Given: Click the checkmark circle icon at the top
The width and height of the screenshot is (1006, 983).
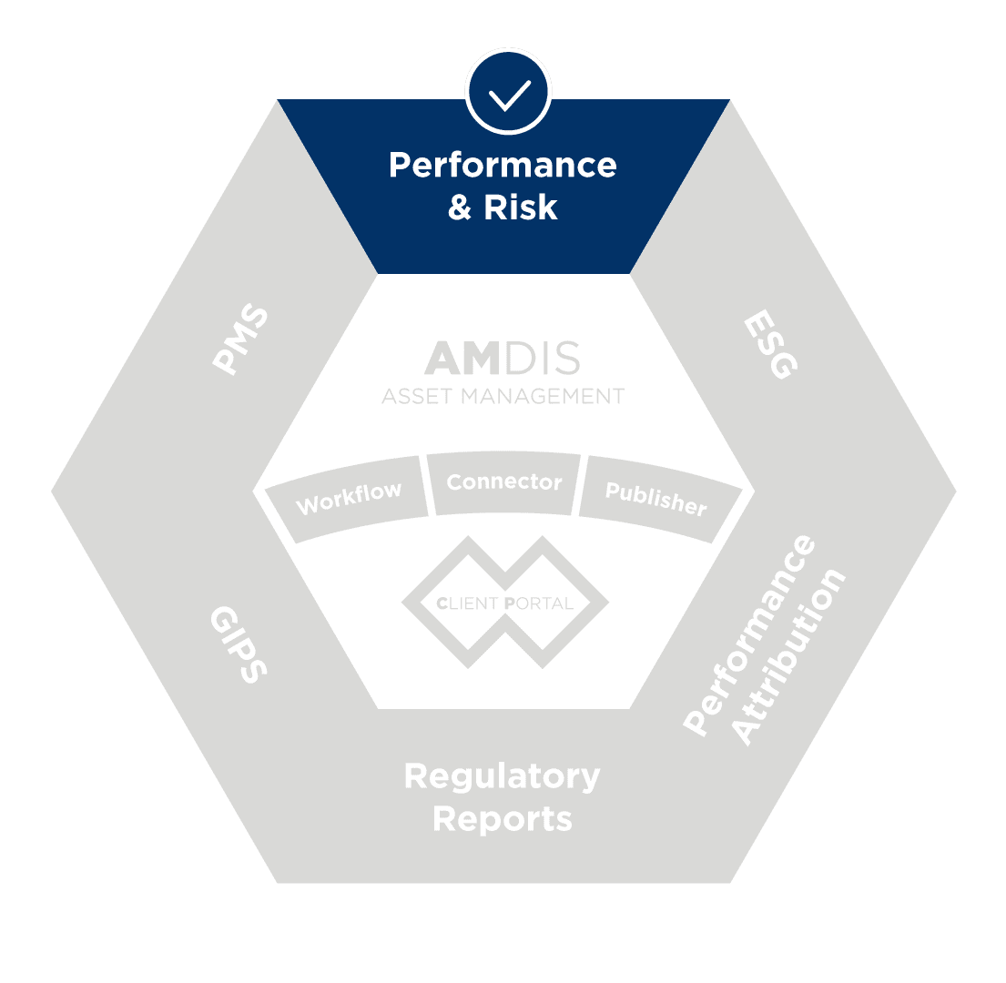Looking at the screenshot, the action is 508,92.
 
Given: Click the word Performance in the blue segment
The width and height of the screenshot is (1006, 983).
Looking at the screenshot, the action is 503,166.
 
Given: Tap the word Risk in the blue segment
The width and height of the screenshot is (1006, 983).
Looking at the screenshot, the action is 521,208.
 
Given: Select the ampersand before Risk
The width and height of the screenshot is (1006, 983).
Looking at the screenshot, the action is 460,208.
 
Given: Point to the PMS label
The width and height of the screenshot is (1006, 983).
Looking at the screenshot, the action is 240,339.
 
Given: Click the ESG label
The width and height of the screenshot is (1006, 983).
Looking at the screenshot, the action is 770,344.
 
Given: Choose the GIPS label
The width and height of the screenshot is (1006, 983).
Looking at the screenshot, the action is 238,644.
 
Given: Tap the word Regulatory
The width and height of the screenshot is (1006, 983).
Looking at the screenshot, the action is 503,777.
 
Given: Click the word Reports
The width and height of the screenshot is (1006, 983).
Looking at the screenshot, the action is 503,819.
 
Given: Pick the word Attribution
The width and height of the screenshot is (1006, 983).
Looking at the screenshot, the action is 788,656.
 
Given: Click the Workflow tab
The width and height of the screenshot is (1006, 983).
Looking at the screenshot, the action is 347,499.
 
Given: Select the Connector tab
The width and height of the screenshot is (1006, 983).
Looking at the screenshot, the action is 503,482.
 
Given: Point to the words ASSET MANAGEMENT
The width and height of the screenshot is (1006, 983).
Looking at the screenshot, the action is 503,396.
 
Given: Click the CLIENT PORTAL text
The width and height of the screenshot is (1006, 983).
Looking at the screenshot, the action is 504,603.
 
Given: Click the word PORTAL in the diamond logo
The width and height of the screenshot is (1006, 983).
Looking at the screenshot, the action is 539,603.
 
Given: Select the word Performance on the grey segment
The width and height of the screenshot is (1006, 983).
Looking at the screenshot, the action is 748,634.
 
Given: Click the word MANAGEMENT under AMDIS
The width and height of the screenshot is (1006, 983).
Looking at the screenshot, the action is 543,396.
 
